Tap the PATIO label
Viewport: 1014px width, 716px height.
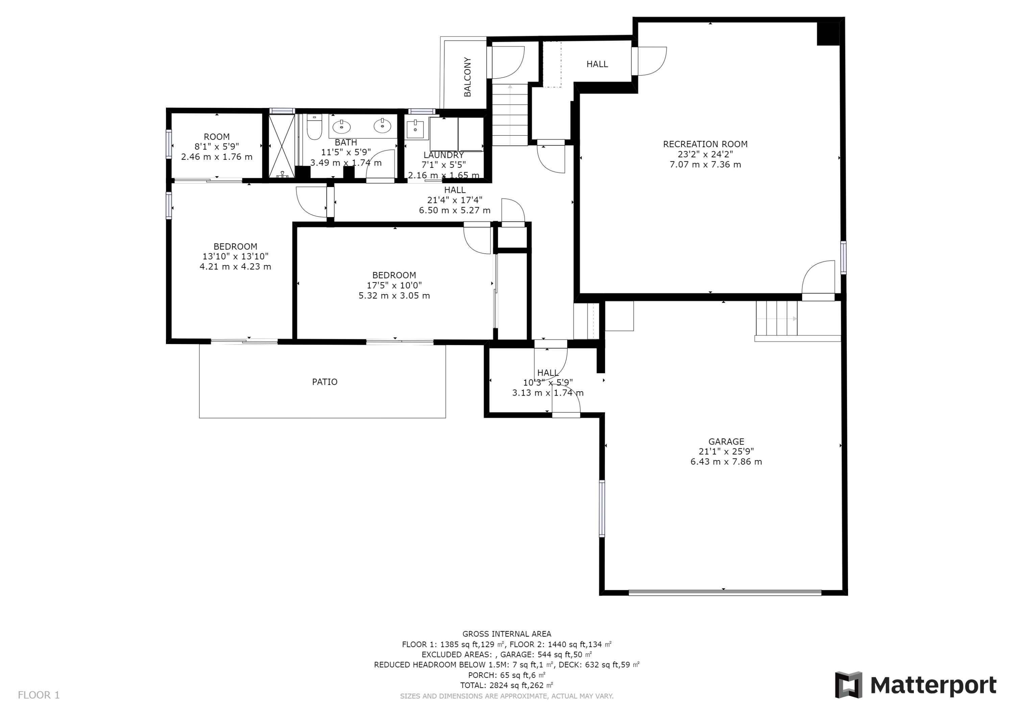coord(324,382)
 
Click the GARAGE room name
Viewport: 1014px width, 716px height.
coord(726,442)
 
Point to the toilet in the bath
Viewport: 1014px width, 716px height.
coord(314,128)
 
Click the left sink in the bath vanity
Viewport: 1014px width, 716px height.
coord(341,127)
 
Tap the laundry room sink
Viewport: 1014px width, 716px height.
coord(415,129)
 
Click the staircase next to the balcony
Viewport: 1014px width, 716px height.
coord(510,115)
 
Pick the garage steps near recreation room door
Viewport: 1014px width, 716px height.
coord(776,319)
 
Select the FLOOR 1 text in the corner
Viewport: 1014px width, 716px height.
coord(39,695)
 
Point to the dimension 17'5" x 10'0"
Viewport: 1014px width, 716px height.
coord(394,286)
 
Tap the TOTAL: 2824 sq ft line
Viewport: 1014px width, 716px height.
coord(507,685)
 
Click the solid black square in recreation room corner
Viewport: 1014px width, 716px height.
coord(828,33)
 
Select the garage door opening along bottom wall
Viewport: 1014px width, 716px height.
coord(725,593)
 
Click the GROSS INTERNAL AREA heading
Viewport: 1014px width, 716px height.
coord(507,634)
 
